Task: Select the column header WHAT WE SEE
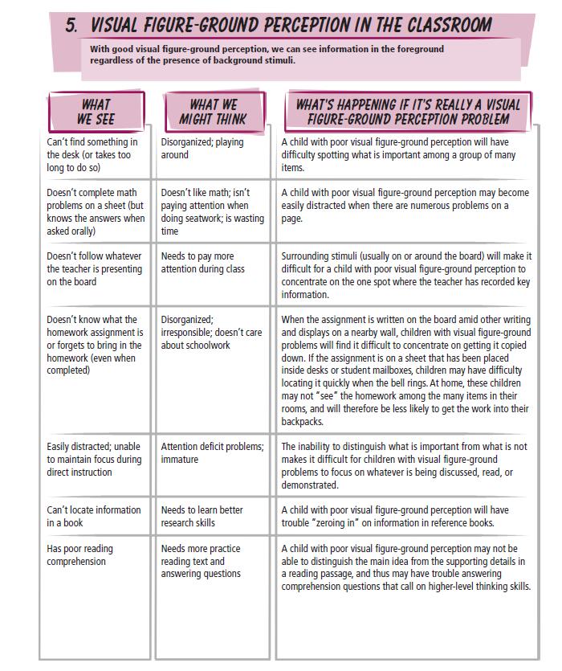pos(96,112)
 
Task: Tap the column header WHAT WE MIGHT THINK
pos(213,112)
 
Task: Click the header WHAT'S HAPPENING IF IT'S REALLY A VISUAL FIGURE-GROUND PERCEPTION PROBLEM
pos(408,112)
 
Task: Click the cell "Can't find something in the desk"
pos(92,155)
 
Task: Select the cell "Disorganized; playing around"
pos(202,149)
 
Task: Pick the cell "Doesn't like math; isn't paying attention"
pos(212,212)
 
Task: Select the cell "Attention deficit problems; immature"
pos(212,453)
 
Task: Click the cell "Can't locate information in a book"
pos(93,516)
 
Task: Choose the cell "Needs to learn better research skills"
pos(202,516)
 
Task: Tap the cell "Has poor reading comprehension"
pos(79,555)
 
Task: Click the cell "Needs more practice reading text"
pos(201,561)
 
